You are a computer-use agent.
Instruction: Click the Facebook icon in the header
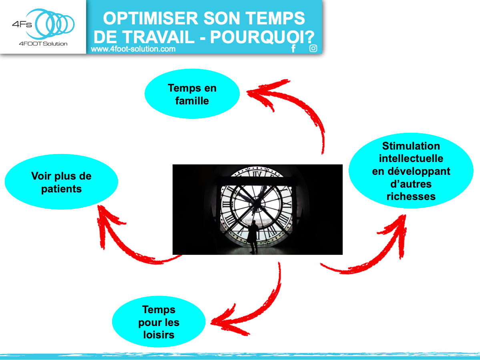point(293,48)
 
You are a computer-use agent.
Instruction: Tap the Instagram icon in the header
point(313,48)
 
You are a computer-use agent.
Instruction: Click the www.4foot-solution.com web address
point(133,49)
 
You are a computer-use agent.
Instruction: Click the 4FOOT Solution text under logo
point(43,43)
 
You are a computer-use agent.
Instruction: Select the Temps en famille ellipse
point(192,94)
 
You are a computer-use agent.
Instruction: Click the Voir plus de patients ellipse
point(61,182)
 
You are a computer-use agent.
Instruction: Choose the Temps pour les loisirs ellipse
point(159,322)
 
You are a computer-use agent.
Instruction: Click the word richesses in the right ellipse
point(411,196)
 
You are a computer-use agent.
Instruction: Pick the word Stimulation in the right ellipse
point(411,146)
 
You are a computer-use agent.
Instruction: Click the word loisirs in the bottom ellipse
point(159,335)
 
